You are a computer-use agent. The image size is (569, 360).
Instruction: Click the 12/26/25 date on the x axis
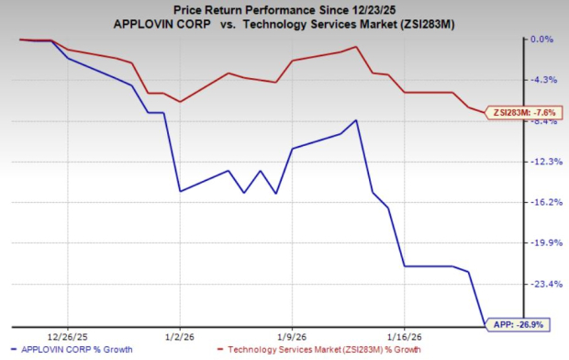pyautogui.click(x=66, y=335)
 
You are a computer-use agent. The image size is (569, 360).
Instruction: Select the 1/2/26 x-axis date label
pyautogui.click(x=179, y=335)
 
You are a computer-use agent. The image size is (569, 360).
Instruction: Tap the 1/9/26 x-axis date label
pyautogui.click(x=291, y=335)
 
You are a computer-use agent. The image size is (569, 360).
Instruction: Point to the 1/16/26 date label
pyautogui.click(x=405, y=335)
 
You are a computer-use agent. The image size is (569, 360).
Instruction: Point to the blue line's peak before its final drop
pyautogui.click(x=356, y=120)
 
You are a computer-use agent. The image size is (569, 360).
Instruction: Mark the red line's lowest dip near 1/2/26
pyautogui.click(x=180, y=101)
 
